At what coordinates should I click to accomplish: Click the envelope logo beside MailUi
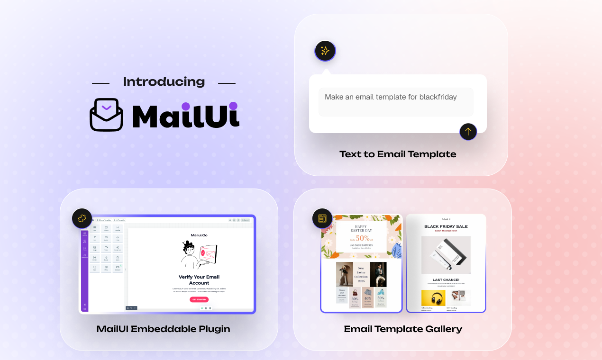click(106, 115)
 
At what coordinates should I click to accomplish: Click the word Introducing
click(164, 82)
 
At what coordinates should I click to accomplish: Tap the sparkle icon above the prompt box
click(325, 51)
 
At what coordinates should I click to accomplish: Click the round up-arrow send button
click(468, 132)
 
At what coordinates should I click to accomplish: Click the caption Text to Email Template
click(398, 154)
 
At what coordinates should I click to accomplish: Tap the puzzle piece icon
click(82, 218)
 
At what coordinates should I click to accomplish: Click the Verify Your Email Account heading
click(199, 279)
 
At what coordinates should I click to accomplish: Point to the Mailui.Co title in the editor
click(199, 235)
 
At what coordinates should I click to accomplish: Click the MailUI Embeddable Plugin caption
click(163, 329)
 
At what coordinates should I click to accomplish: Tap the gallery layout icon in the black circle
click(322, 218)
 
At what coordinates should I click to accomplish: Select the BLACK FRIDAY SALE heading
click(446, 226)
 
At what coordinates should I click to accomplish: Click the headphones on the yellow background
click(433, 298)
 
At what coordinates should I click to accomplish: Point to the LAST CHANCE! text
click(446, 279)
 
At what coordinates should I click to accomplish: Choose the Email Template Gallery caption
click(402, 329)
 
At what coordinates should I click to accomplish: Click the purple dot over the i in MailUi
click(233, 107)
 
